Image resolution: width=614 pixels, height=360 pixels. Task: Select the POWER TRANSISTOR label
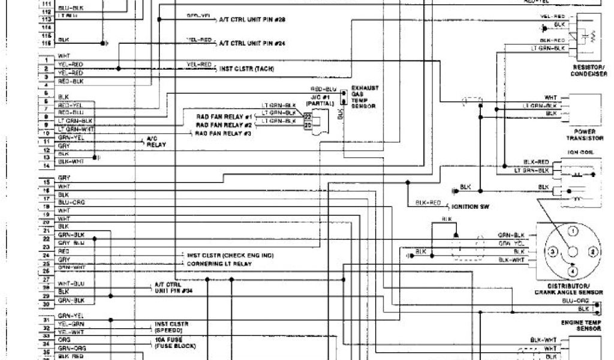tap(585, 135)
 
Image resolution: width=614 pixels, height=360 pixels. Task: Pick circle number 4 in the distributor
tap(573, 271)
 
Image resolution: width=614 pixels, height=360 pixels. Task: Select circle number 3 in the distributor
tap(553, 251)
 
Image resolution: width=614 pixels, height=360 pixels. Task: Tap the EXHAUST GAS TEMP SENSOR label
tap(365, 97)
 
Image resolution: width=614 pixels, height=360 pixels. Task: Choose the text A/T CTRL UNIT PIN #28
tap(252, 20)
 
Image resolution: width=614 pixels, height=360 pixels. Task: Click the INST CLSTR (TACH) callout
tap(246, 69)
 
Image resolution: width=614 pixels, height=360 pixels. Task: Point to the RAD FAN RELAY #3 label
tap(223, 133)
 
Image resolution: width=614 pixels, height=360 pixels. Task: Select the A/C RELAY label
tap(154, 142)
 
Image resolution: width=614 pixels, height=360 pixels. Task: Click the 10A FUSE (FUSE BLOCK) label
tap(175, 342)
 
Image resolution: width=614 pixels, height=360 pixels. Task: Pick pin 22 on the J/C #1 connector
tap(308, 116)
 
